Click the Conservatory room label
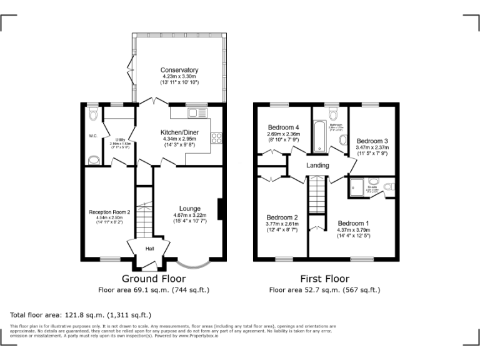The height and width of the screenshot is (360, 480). tap(179, 70)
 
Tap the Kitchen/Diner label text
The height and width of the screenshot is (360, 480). tap(179, 132)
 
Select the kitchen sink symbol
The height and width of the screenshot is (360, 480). tap(197, 112)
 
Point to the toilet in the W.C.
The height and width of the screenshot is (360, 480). tap(92, 114)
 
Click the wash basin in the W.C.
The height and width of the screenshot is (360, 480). tap(92, 161)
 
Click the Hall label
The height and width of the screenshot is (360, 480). tap(150, 249)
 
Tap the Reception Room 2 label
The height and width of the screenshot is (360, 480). tap(109, 212)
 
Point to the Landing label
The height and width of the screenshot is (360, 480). tap(317, 166)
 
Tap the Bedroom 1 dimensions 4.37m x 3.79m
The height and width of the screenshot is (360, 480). tap(353, 229)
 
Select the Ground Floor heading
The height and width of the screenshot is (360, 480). tap(152, 279)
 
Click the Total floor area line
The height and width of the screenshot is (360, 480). tap(81, 314)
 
